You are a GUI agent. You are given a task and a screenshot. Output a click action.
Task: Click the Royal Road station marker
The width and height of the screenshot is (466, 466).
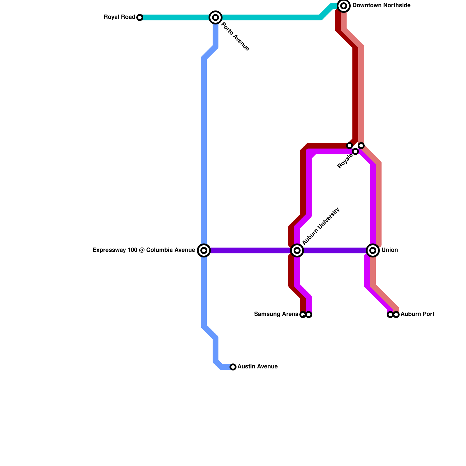[140, 17]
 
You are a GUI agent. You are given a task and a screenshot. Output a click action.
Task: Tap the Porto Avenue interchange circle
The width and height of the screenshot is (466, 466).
[216, 17]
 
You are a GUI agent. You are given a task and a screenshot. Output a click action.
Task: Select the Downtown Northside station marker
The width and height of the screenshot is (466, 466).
[344, 6]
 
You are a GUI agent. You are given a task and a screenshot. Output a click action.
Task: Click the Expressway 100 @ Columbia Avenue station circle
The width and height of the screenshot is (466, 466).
[204, 250]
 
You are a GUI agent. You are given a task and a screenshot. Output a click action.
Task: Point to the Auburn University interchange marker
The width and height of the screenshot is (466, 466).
[297, 250]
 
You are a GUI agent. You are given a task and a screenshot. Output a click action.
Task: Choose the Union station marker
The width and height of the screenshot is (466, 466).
[373, 250]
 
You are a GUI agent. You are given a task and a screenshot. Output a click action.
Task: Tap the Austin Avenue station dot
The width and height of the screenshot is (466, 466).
[233, 367]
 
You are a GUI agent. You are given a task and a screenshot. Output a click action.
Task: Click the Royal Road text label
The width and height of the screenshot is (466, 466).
[119, 17]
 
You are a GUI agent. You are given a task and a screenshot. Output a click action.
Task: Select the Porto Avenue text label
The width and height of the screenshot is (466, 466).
[235, 37]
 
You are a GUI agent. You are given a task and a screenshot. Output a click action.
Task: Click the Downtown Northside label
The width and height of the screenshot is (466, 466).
[381, 6]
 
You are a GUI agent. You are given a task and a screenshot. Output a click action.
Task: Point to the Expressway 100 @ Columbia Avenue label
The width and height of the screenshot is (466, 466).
[144, 250]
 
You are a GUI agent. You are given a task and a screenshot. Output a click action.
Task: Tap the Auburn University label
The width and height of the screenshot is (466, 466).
[321, 226]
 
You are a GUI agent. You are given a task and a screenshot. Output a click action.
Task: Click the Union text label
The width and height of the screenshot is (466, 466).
[389, 250]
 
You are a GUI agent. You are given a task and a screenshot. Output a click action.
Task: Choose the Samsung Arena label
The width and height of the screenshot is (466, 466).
[276, 314]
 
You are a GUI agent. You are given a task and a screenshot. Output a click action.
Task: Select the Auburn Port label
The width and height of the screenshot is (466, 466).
[417, 314]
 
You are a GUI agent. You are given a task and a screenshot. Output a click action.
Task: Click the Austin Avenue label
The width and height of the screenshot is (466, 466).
[257, 367]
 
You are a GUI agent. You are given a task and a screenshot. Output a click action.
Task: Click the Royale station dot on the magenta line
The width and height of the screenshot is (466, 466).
[355, 151]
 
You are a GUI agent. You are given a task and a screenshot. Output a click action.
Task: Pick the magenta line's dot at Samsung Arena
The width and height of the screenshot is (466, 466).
[309, 315]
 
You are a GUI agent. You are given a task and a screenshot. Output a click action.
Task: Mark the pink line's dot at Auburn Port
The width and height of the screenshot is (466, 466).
[396, 315]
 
